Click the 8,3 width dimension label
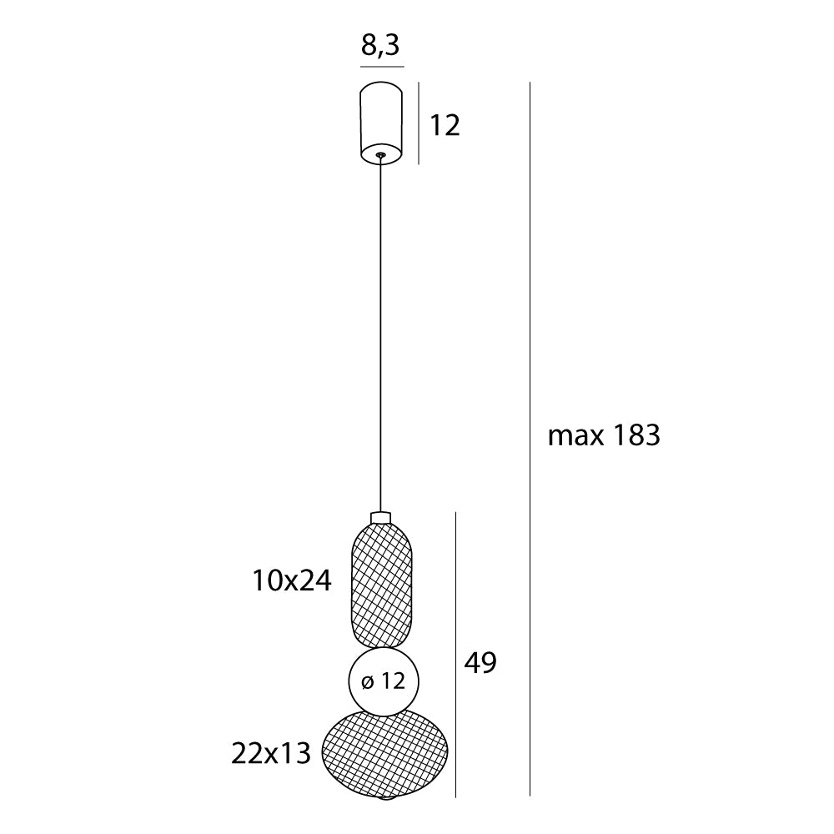[382, 46]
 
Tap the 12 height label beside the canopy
[445, 126]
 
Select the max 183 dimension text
[604, 435]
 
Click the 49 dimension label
[480, 663]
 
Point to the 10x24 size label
[292, 580]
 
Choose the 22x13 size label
[271, 754]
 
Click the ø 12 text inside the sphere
[384, 681]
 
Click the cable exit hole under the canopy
[381, 154]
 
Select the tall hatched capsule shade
[382, 584]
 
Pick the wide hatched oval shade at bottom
[384, 754]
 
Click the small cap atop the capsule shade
[381, 517]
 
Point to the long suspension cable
[381, 334]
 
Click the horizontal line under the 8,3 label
[382, 66]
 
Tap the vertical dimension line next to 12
[419, 123]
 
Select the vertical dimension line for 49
[455, 655]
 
